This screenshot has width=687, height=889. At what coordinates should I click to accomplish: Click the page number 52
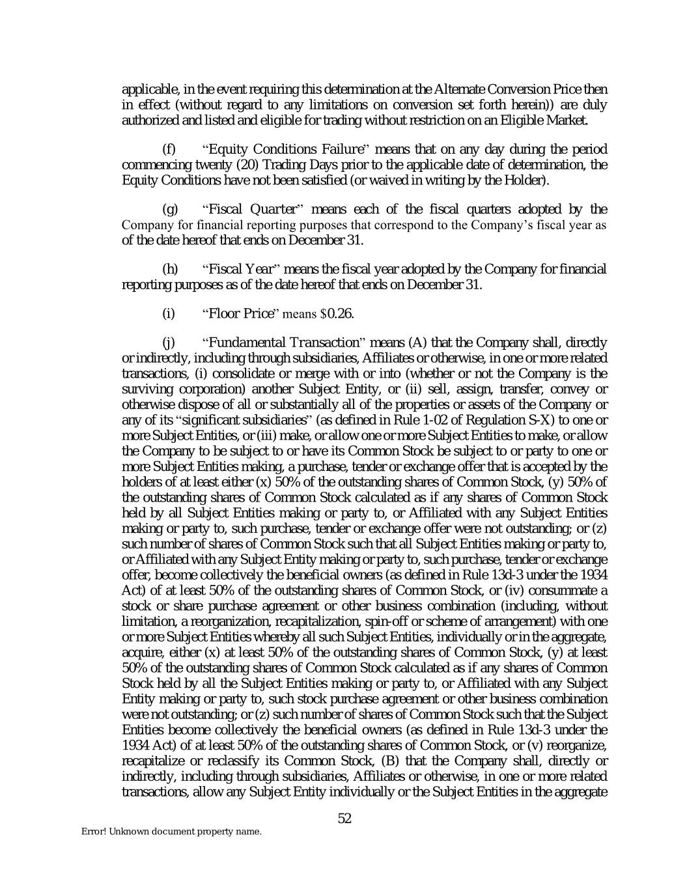[344, 819]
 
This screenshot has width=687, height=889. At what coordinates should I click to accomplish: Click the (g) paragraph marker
[169, 209]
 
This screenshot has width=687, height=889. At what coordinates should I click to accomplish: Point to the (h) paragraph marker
[169, 269]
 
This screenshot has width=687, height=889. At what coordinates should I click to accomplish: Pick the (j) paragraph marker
[168, 343]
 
